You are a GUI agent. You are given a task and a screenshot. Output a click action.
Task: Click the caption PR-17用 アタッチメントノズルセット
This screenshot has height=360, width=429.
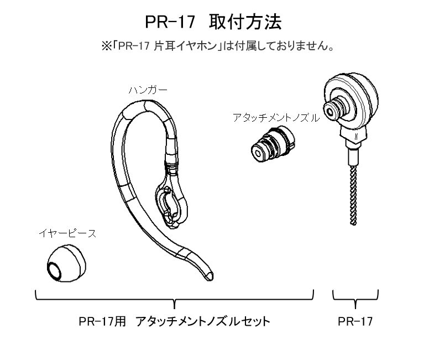pos(174,321)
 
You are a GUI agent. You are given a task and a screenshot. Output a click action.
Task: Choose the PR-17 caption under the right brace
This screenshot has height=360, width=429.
pos(355,321)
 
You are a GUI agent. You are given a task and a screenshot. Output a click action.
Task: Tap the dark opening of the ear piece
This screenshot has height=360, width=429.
pos(55,270)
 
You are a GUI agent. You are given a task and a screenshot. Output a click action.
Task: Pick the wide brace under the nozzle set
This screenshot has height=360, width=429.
pos(174,300)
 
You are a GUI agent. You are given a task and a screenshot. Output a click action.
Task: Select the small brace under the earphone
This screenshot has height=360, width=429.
pos(355,300)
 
